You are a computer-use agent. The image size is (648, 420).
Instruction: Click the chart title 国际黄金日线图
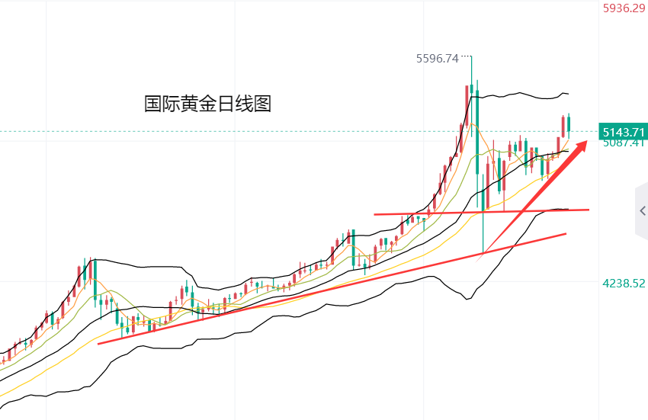click(207, 104)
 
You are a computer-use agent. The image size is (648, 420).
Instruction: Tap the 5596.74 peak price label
click(438, 58)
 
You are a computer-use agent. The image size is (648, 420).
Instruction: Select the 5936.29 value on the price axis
click(624, 8)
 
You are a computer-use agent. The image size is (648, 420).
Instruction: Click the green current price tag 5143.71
click(623, 130)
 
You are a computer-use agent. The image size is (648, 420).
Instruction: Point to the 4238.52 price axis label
click(624, 283)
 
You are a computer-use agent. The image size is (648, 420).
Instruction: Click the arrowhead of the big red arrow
click(583, 144)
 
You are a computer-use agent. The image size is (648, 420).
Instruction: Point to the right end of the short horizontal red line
click(589, 209)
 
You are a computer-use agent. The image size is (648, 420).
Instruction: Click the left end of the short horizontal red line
click(375, 214)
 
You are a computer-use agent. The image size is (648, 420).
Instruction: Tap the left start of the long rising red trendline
click(100, 343)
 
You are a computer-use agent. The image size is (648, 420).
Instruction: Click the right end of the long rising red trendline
click(566, 233)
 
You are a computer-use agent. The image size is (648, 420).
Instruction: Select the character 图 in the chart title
click(263, 104)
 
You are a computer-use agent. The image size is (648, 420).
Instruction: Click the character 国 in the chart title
click(152, 104)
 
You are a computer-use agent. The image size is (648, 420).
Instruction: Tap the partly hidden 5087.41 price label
click(624, 143)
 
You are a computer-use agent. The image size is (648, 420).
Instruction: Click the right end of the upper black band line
click(568, 94)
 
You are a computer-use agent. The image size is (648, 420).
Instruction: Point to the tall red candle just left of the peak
click(467, 107)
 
